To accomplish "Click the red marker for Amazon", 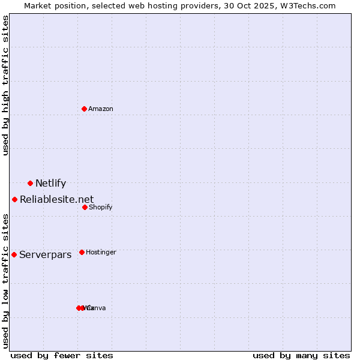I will point(84,109).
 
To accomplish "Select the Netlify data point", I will point(30,183).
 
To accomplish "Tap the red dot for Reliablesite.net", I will point(14,199).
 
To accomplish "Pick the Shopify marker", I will point(85,207).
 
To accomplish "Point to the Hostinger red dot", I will point(82,252).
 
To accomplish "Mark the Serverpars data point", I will point(14,254).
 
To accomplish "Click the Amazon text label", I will point(101,109).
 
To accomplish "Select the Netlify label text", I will point(50,184).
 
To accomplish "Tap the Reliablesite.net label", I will point(56,200).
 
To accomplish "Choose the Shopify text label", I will point(100,208).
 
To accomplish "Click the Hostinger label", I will point(101,253).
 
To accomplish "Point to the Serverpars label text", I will point(45,255).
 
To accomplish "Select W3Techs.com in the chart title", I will point(308,5).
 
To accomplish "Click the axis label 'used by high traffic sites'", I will point(6,85).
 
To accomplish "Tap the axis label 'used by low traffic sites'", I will point(6,281).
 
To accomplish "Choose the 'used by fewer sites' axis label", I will point(62,355).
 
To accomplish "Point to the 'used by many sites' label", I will point(301,355).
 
